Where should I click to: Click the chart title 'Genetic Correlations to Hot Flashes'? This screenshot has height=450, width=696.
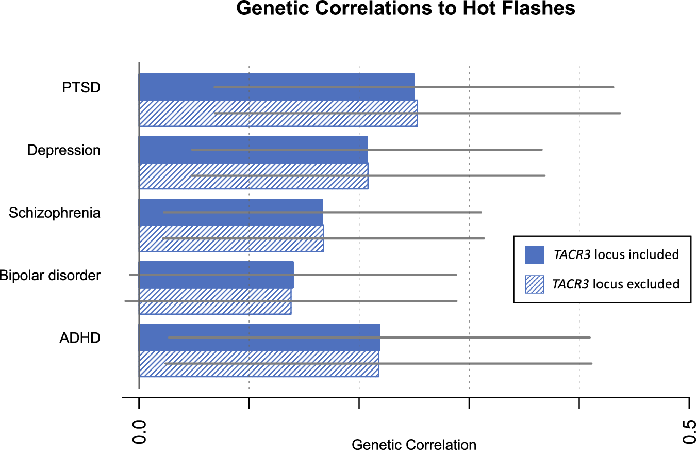pyautogui.click(x=406, y=9)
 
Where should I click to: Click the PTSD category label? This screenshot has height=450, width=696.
pyautogui.click(x=81, y=87)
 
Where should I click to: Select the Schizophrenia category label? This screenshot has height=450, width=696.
pyautogui.click(x=55, y=213)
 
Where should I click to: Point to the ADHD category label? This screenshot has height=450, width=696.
pyautogui.click(x=79, y=339)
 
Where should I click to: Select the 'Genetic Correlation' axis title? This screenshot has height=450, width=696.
pyautogui.click(x=413, y=444)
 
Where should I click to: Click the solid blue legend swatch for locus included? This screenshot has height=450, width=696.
pyautogui.click(x=534, y=254)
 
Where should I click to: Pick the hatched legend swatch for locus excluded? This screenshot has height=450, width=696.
pyautogui.click(x=534, y=284)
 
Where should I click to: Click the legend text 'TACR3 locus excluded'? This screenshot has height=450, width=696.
pyautogui.click(x=616, y=284)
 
